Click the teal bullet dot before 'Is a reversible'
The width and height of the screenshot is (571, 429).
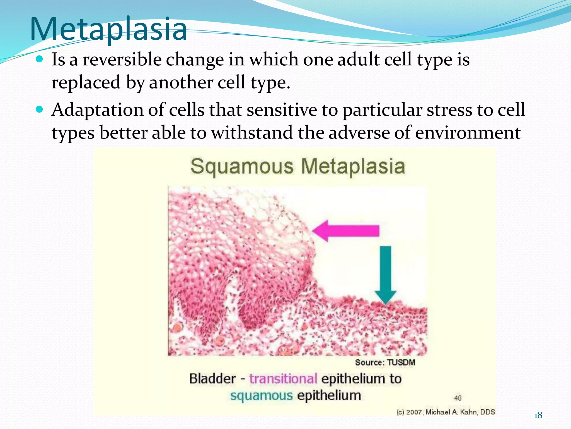point(40,59)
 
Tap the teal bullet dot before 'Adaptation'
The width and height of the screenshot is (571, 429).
point(40,110)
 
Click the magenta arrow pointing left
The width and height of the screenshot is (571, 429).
point(346,231)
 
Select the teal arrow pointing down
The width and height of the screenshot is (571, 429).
point(386,275)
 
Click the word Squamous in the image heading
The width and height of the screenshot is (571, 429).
point(242,166)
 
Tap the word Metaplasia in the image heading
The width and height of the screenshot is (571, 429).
point(353,166)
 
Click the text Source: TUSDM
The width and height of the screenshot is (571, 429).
point(385,363)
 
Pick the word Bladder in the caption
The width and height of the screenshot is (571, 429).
point(212,379)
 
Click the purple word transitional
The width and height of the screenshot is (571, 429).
point(283,379)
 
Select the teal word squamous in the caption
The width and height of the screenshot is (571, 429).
point(261,396)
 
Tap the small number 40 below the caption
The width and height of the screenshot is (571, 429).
point(458,398)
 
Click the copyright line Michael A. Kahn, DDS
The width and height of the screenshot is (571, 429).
point(446,412)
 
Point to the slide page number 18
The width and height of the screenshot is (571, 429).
point(538,416)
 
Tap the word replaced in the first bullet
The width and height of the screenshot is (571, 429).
point(86,83)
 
